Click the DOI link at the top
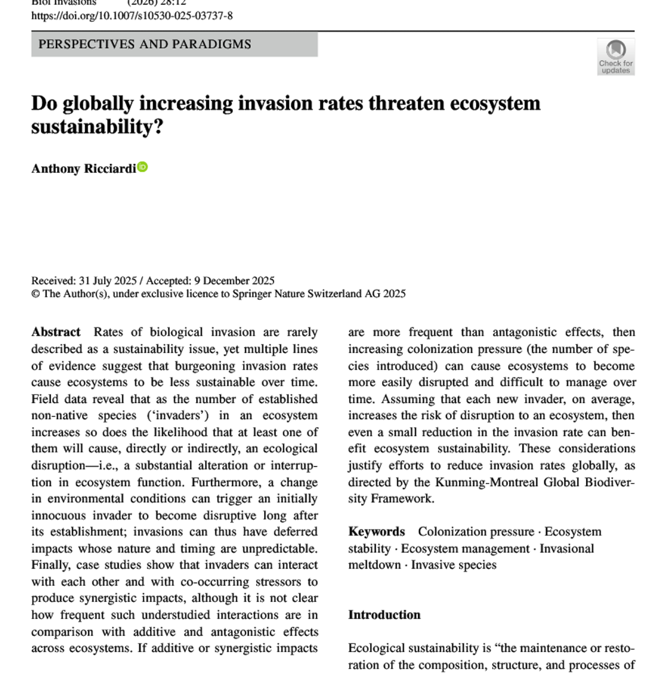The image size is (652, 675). coord(132,16)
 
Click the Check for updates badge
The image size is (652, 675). coord(616,57)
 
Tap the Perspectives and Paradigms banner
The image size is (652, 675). coord(145,44)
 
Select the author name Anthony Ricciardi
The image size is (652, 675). coord(84,168)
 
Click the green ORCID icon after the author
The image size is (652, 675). coord(143,167)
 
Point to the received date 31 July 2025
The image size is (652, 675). coord(107,281)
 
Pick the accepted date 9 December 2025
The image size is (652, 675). coord(234,281)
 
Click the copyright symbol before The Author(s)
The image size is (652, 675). coord(35,294)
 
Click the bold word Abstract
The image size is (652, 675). coord(56,332)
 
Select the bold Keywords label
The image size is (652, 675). coord(377,531)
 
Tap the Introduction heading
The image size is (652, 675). coord(384,615)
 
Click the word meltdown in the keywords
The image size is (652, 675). coord(374,565)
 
